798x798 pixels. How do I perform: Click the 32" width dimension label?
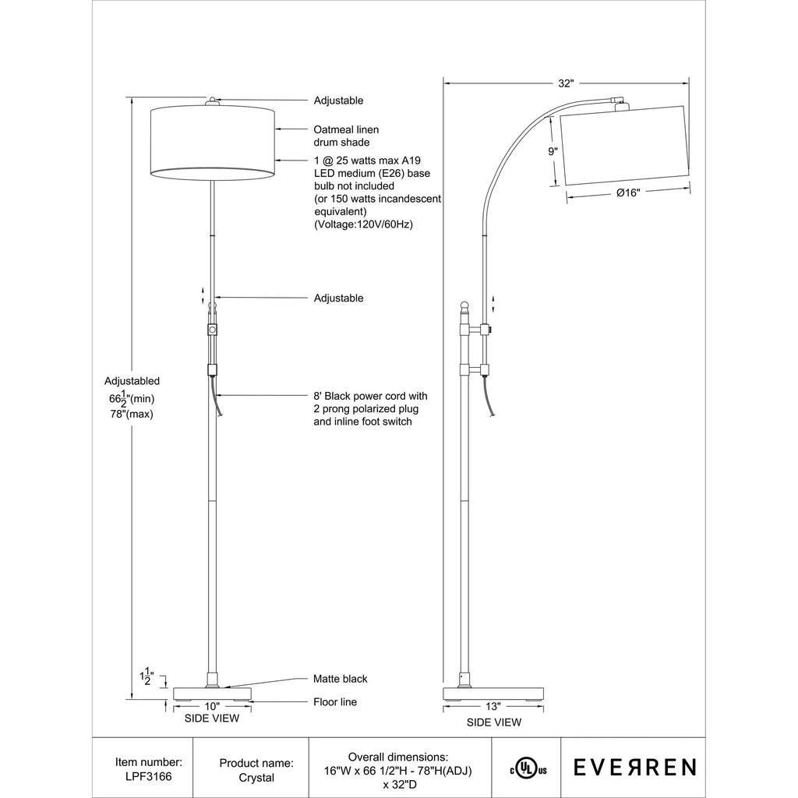(x=566, y=83)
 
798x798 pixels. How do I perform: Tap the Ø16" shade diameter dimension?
(x=628, y=193)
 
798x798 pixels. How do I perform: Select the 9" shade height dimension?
(x=553, y=151)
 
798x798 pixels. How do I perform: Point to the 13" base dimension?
(x=493, y=706)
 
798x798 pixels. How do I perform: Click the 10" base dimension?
(x=212, y=706)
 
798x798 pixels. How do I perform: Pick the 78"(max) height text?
(x=132, y=415)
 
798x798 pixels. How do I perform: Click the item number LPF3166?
(x=149, y=777)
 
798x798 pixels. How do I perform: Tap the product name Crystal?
(x=256, y=778)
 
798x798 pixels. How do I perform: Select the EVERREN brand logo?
(x=634, y=768)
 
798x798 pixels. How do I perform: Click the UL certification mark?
(x=528, y=769)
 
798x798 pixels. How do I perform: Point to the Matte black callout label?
(x=340, y=679)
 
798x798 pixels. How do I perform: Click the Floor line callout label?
(x=335, y=702)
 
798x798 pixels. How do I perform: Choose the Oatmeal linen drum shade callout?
(x=346, y=136)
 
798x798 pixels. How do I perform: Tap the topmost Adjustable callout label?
(x=338, y=101)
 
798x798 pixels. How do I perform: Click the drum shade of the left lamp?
(x=214, y=143)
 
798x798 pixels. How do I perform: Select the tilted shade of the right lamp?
(x=626, y=145)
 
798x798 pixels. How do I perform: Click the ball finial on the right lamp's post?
(x=464, y=307)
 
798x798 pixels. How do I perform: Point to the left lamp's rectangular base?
(x=213, y=694)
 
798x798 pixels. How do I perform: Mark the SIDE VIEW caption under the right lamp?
(x=493, y=722)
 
